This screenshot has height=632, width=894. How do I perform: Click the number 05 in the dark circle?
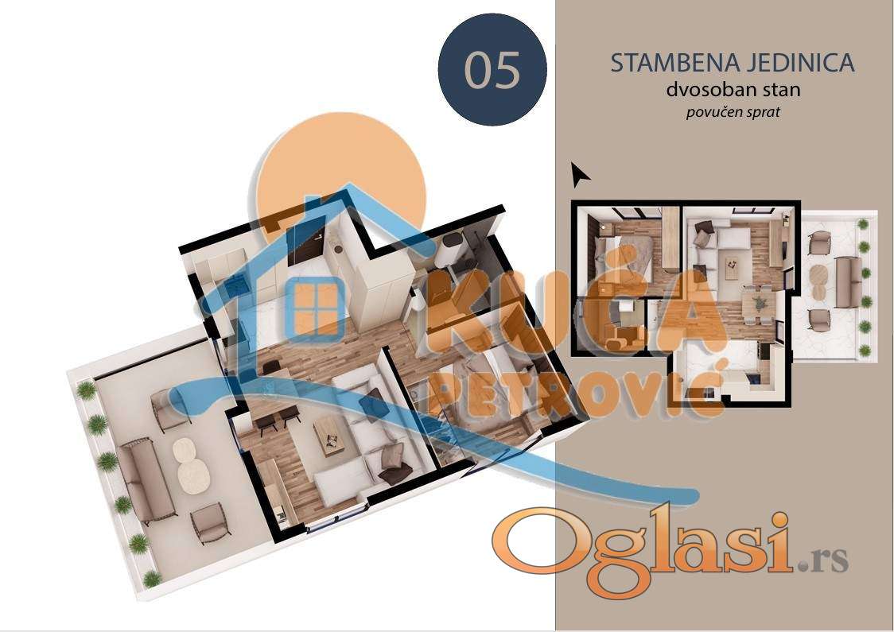tap(492, 70)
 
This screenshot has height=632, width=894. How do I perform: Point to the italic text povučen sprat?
tap(733, 112)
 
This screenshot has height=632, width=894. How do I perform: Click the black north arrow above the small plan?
tap(580, 174)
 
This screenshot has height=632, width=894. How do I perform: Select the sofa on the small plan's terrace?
tap(848, 281)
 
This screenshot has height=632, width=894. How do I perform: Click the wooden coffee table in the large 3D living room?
tap(329, 435)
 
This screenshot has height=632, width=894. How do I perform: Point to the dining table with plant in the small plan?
tap(758, 304)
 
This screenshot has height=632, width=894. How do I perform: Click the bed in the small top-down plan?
tap(621, 258)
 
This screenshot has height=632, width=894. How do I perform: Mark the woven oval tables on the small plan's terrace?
tap(818, 282)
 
